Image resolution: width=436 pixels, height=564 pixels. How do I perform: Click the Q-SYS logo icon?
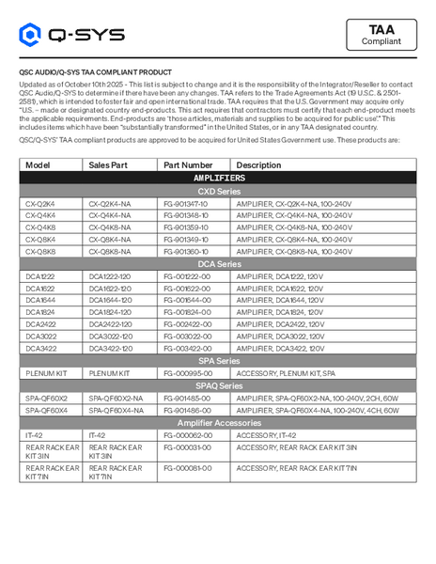point(31,36)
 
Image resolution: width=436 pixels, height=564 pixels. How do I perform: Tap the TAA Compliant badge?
point(381,35)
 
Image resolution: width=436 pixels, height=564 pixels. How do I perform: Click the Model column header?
point(39,164)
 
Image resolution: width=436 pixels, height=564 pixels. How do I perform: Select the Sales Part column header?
point(107,164)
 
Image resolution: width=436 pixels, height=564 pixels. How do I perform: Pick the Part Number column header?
point(188,164)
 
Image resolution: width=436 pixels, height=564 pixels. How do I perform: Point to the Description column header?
point(258,164)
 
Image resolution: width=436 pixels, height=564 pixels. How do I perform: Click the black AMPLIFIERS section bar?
point(218,177)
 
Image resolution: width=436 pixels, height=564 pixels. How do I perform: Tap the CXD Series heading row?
point(218,190)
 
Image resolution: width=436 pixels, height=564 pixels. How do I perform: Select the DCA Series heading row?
point(218,264)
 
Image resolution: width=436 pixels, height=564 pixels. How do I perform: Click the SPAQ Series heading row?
point(218,386)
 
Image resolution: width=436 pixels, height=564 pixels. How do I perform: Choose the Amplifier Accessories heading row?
point(218,423)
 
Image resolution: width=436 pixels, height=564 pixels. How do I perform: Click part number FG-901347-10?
point(186,202)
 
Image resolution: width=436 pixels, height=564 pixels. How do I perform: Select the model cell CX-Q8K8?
point(40,251)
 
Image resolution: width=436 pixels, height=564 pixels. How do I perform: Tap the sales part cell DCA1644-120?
point(111,300)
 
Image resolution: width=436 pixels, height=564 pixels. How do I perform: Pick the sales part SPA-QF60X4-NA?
point(116,410)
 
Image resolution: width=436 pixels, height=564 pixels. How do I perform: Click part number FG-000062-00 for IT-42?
point(187,435)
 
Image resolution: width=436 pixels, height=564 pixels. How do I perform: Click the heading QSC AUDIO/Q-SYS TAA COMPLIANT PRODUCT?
point(96,71)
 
